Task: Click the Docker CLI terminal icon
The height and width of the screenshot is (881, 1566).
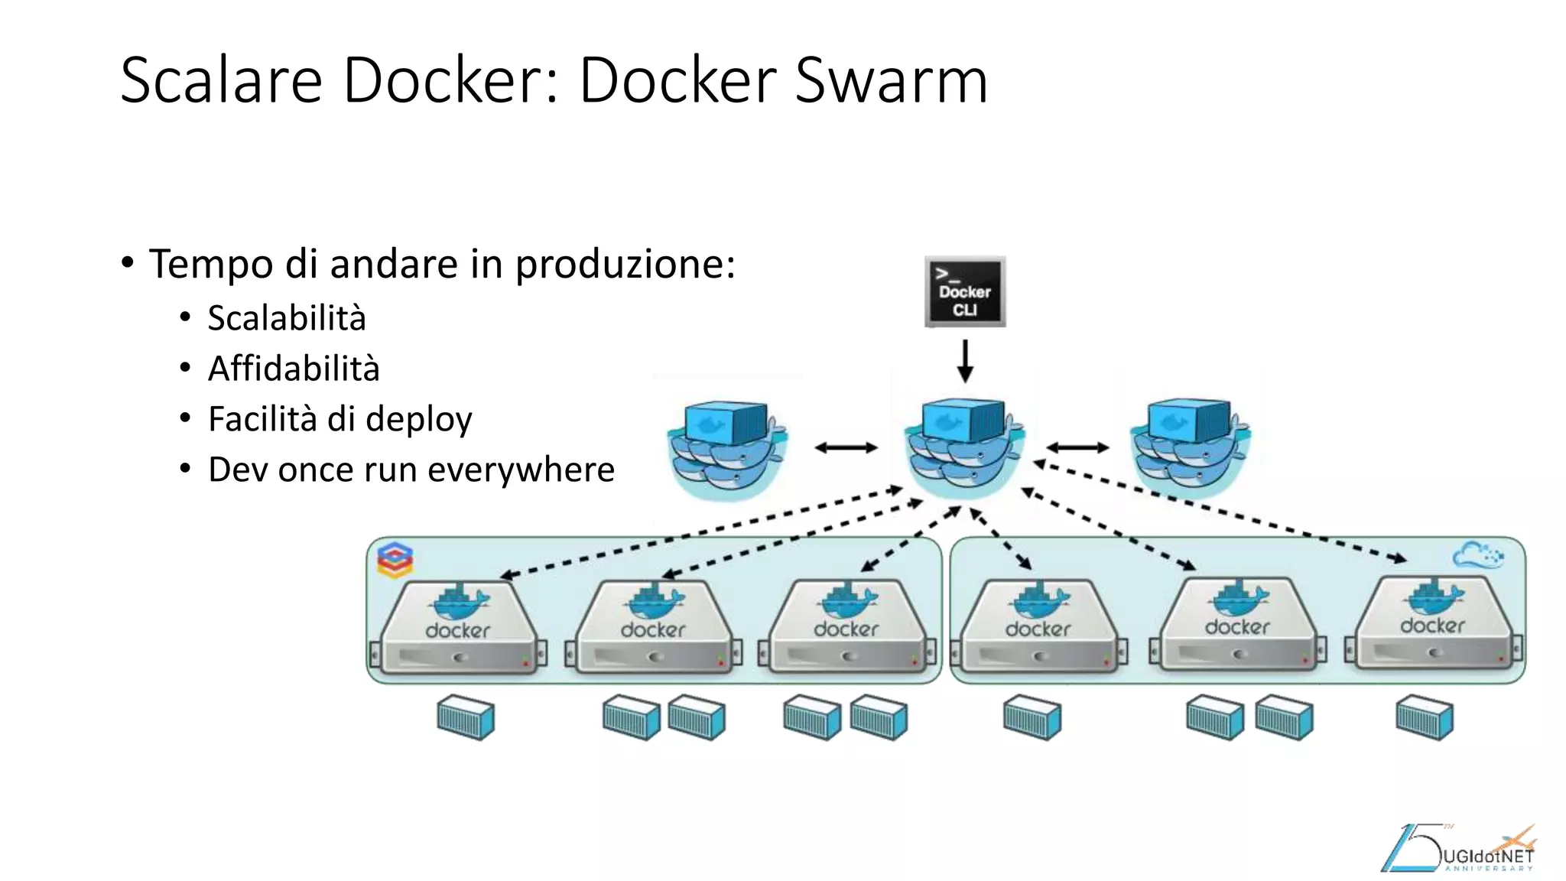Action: click(x=965, y=292)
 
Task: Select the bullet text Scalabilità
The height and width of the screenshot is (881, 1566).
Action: click(x=287, y=318)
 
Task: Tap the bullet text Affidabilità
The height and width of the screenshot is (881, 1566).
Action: click(x=294, y=369)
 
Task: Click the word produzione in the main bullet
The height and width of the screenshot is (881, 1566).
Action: click(x=624, y=265)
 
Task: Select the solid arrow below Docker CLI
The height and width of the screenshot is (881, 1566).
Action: click(x=965, y=361)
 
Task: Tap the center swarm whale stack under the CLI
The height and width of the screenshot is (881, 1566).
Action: click(x=963, y=447)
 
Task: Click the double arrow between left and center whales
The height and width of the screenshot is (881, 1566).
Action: click(x=846, y=448)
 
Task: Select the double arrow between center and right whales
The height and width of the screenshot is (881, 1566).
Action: click(x=1077, y=448)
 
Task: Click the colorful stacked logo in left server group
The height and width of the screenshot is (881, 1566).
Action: click(x=395, y=561)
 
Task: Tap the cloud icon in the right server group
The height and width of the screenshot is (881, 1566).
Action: click(x=1477, y=555)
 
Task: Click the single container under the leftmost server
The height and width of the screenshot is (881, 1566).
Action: click(x=466, y=717)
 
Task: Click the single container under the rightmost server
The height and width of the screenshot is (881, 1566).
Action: click(x=1424, y=717)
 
